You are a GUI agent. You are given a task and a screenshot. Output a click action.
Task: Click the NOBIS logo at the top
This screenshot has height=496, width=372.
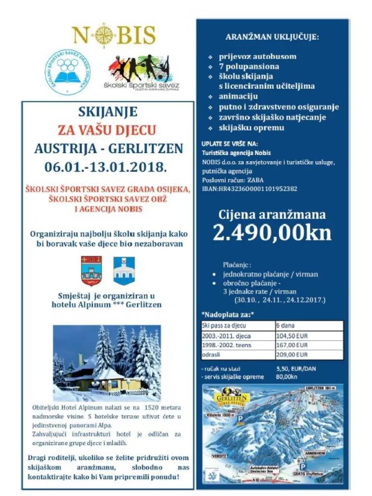[x=113, y=35]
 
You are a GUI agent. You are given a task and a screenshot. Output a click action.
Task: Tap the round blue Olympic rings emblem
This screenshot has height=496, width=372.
[x=67, y=72]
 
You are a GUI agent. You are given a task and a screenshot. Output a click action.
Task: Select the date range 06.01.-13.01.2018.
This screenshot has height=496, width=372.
[x=106, y=167]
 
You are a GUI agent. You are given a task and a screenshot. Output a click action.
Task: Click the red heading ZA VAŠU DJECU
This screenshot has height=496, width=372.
[x=107, y=130]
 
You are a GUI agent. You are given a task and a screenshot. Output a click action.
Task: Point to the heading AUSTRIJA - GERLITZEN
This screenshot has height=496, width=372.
[x=108, y=148]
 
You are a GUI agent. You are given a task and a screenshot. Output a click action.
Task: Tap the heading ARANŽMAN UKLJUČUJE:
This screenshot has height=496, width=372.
[x=272, y=37]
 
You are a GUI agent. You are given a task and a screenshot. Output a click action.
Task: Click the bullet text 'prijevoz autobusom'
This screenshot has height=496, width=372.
[x=257, y=56]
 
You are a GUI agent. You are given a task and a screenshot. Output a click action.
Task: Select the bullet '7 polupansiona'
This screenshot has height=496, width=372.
[x=248, y=66]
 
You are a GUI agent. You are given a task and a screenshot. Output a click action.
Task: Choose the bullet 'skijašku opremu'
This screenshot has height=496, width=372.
[x=251, y=128]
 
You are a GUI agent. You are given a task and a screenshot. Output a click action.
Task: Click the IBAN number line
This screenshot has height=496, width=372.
[x=249, y=188]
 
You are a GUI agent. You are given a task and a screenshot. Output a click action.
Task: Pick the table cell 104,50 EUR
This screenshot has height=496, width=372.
[x=292, y=335]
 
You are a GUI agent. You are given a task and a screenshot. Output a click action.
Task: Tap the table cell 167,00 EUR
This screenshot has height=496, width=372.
[x=292, y=345]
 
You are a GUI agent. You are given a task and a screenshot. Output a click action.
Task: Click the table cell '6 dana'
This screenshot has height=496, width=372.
[x=285, y=325]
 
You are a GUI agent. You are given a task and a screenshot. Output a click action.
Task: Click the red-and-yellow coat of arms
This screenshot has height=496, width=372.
[x=91, y=271]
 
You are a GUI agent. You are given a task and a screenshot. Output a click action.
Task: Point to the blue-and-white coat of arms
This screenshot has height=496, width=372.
[x=123, y=271]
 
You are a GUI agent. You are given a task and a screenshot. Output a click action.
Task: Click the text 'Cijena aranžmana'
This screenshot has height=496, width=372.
[x=272, y=215]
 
